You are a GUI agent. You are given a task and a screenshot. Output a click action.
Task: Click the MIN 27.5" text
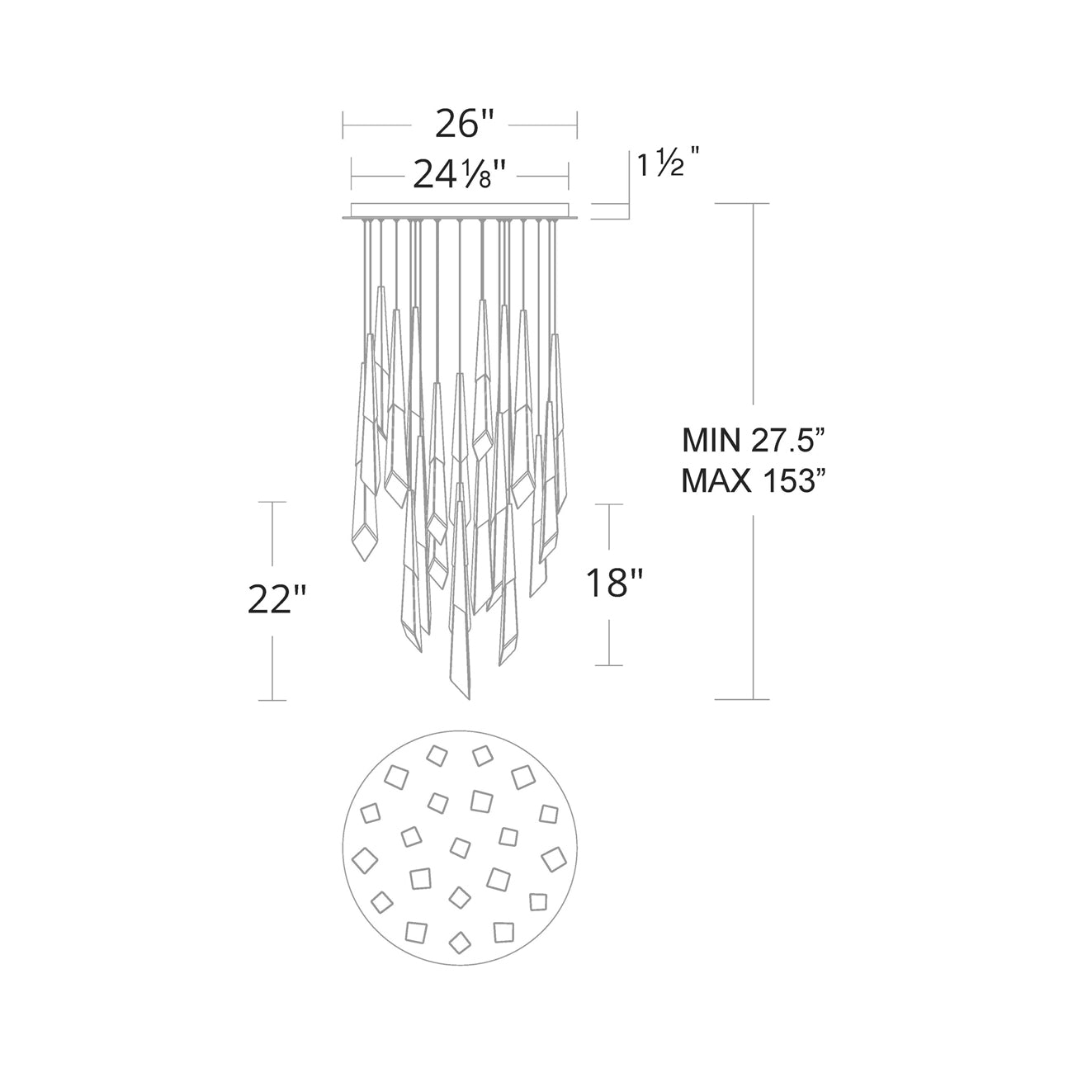pyautogui.click(x=754, y=440)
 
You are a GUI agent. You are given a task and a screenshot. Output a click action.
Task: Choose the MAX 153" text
pyautogui.click(x=754, y=480)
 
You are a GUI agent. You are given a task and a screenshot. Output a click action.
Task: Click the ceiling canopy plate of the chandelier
pyautogui.click(x=461, y=211)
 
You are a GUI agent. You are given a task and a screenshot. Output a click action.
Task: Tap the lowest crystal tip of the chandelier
pyautogui.click(x=467, y=700)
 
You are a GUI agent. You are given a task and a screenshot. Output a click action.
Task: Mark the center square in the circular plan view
pyautogui.click(x=461, y=848)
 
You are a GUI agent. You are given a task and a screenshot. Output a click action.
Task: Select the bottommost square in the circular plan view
pyautogui.click(x=459, y=940)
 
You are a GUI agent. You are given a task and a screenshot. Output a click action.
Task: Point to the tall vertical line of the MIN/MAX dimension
pyautogui.click(x=754, y=330)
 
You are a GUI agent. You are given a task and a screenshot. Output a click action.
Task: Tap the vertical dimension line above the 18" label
pyautogui.click(x=609, y=532)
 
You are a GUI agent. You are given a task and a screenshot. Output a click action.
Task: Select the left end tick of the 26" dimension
pyautogui.click(x=343, y=125)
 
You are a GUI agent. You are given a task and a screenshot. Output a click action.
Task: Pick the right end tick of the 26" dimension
pyautogui.click(x=576, y=125)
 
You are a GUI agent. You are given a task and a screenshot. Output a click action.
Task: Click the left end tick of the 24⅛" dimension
pyautogui.click(x=352, y=174)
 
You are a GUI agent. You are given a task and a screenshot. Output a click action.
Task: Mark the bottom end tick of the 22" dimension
pyautogui.click(x=272, y=700)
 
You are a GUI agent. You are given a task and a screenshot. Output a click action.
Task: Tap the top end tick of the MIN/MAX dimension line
pyautogui.click(x=754, y=203)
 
